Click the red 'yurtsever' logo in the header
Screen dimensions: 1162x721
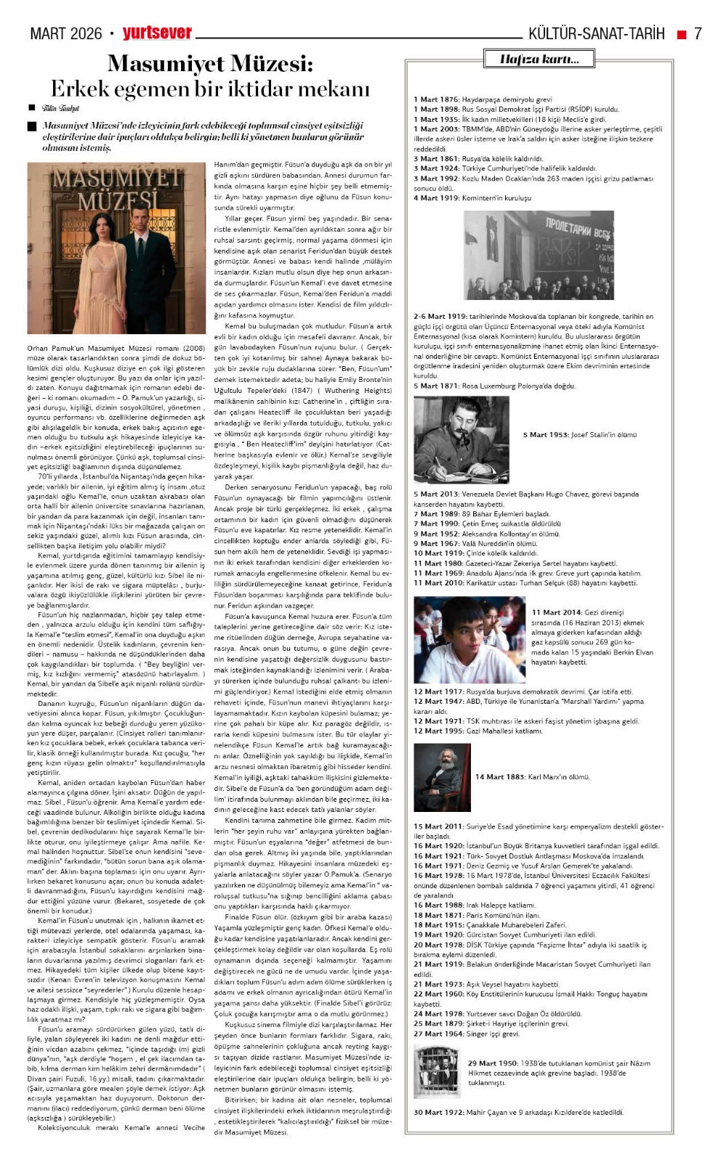point(157,33)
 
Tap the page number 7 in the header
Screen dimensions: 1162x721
point(698,33)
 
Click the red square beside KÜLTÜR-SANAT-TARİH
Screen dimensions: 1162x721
point(681,33)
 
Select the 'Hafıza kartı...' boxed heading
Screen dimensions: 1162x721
point(539,59)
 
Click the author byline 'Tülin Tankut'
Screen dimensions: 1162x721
point(60,108)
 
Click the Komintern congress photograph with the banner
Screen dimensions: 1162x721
point(539,255)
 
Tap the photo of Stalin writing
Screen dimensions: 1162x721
point(461,439)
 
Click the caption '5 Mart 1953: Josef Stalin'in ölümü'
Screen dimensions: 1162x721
point(579,435)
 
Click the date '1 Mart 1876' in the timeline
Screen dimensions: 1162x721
point(436,99)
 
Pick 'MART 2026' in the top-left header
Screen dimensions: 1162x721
point(66,33)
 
